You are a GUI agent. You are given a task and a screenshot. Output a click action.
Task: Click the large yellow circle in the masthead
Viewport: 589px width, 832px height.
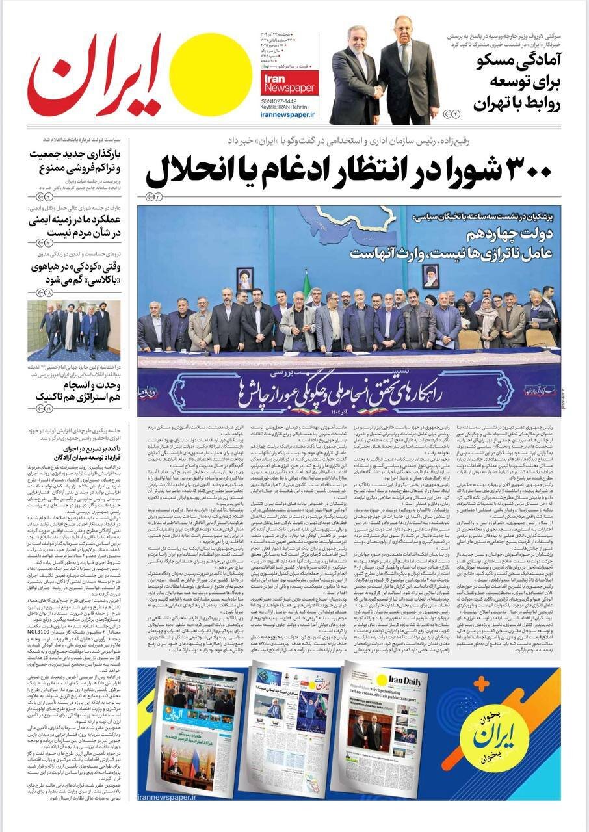(210, 74)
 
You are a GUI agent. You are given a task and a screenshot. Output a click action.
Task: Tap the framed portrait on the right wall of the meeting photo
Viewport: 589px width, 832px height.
(430, 276)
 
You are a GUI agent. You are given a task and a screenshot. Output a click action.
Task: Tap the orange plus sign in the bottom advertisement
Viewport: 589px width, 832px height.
(480, 684)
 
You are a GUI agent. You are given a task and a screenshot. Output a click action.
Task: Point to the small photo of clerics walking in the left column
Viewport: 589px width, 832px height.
(73, 330)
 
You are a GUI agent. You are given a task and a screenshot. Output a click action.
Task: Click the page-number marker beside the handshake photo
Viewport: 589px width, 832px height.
(451, 114)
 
